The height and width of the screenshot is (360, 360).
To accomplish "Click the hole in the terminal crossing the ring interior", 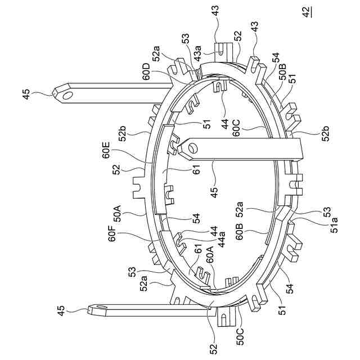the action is coord(193,148).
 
